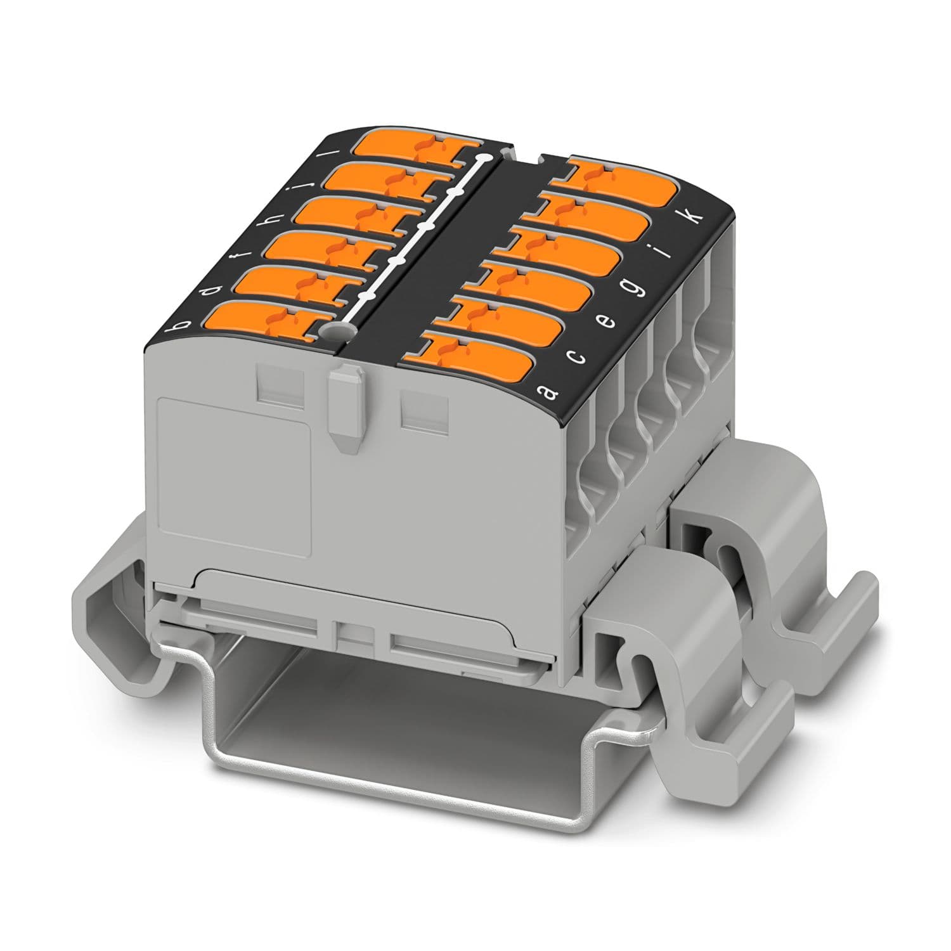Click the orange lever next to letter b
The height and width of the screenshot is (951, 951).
(261, 321)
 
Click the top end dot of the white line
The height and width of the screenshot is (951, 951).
(485, 157)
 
